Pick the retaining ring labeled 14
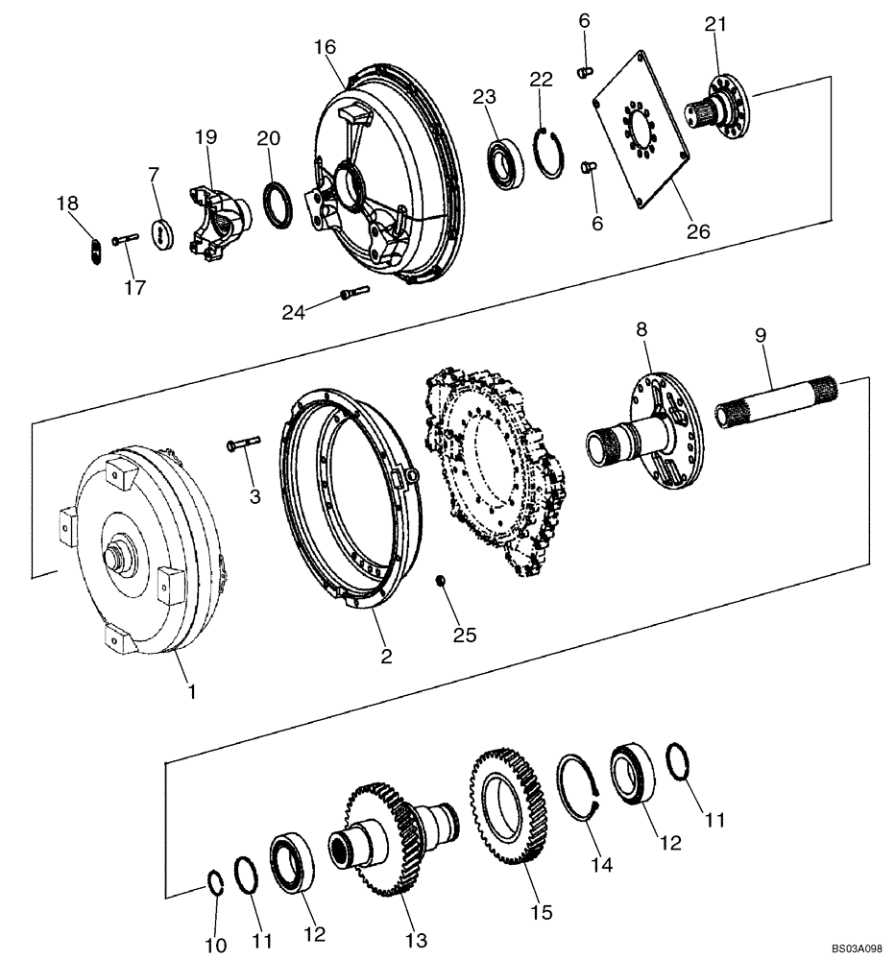[579, 788]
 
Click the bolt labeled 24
[352, 294]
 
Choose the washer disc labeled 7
[160, 233]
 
